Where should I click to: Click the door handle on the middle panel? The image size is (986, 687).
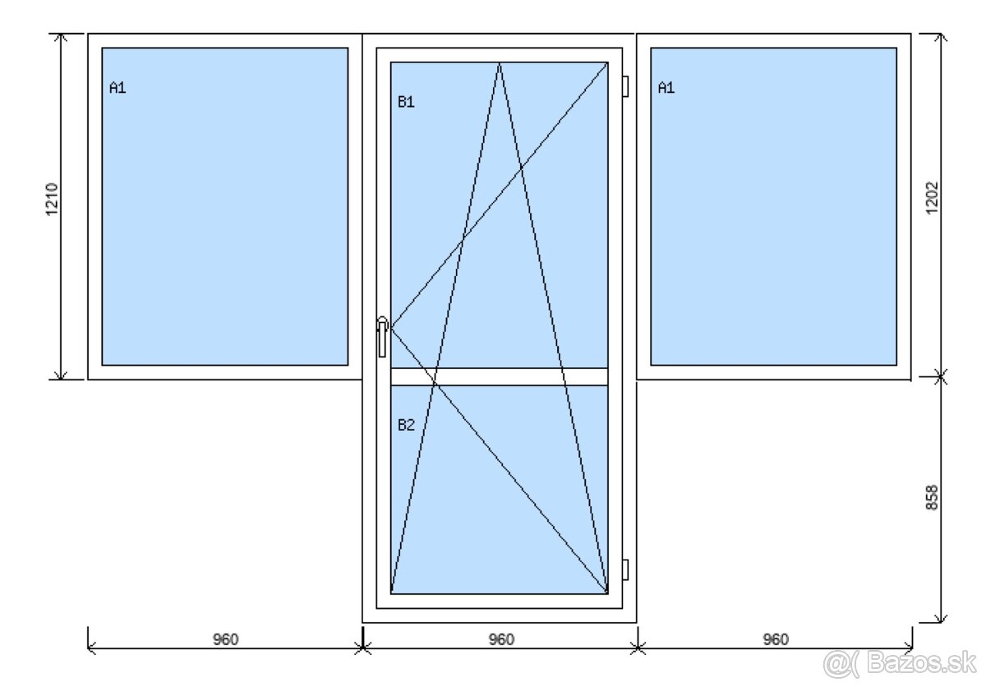[x=382, y=337]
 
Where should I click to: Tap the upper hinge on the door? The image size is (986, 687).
[x=625, y=86]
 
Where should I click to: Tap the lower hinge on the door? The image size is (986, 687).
[x=625, y=570]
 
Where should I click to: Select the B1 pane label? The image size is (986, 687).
[x=406, y=102]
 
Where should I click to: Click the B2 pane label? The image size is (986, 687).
[x=406, y=425]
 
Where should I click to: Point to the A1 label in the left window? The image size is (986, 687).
[x=117, y=88]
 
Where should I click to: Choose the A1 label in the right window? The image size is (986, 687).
[x=666, y=88]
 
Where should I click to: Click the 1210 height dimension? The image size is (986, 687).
[x=52, y=200]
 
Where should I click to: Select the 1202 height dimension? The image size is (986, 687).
[x=932, y=198]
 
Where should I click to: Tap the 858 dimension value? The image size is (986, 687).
[x=932, y=498]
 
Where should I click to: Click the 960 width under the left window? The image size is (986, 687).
[x=225, y=639]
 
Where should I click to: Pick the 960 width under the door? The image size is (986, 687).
[x=501, y=639]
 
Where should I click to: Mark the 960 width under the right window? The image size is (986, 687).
[x=776, y=639]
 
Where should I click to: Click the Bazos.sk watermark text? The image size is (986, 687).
[x=921, y=663]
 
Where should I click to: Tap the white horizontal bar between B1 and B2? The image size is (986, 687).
[x=500, y=376]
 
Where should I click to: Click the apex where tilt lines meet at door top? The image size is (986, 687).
[x=500, y=63]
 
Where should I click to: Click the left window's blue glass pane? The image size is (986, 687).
[x=225, y=206]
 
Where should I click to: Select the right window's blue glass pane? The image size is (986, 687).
[x=773, y=206]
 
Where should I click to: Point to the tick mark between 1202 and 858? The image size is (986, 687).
[x=940, y=376]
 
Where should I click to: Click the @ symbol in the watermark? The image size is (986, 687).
[x=836, y=664]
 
